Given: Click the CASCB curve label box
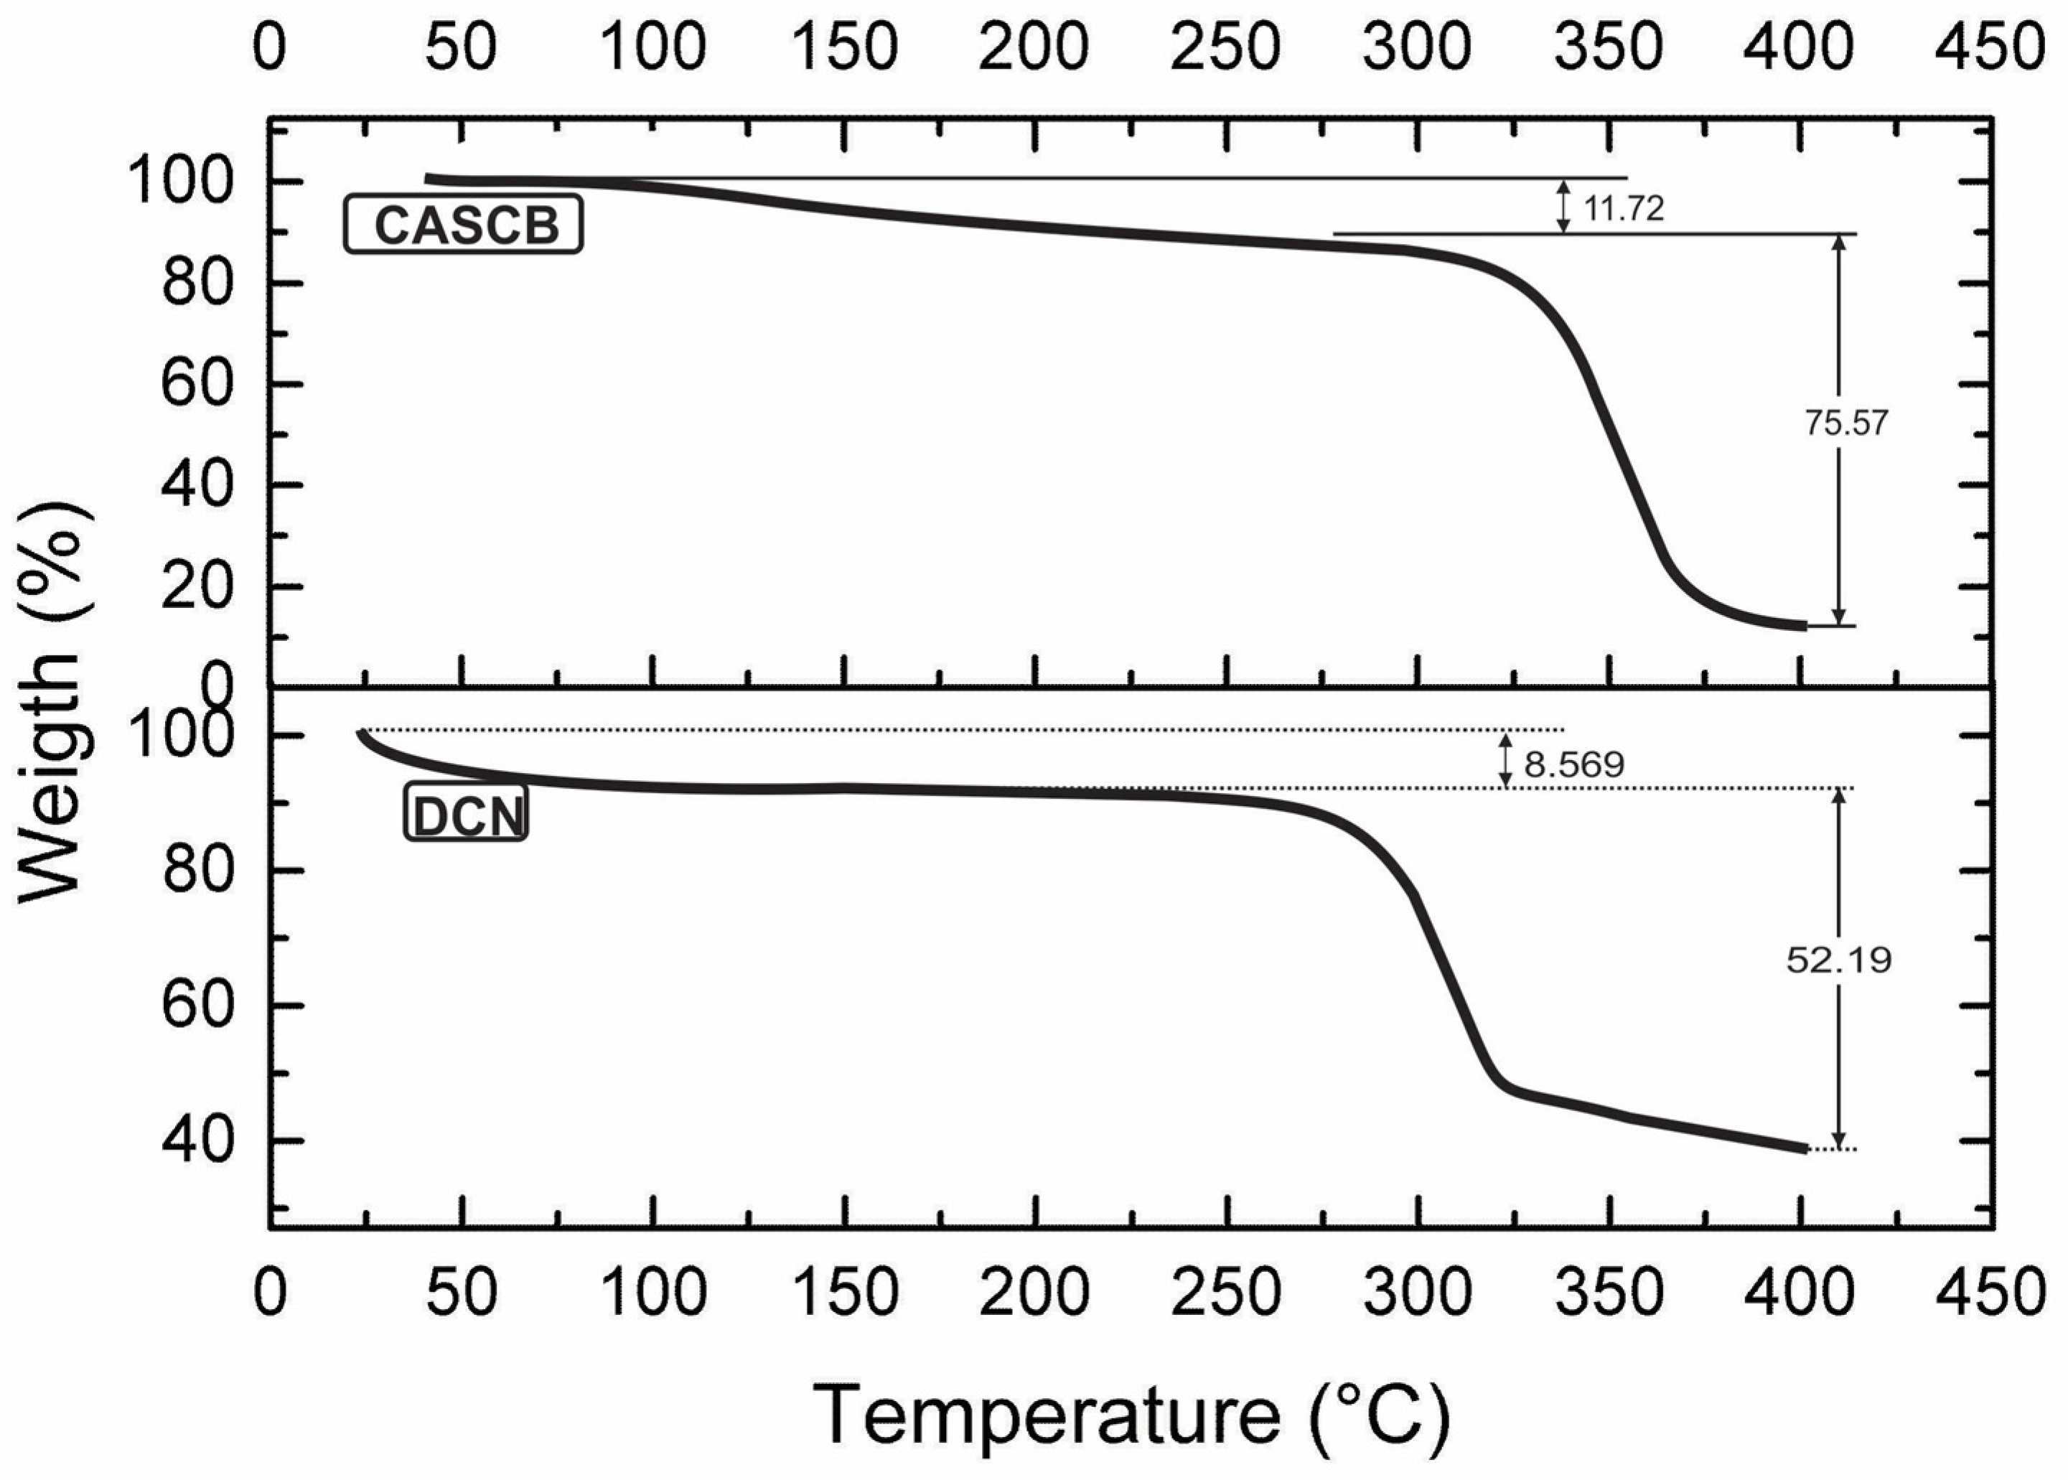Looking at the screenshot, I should pyautogui.click(x=463, y=224).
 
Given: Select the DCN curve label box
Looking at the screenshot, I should pyautogui.click(x=466, y=814).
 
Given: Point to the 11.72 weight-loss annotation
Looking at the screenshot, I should pyautogui.click(x=1623, y=209).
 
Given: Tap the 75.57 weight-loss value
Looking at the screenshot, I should pyautogui.click(x=1846, y=423).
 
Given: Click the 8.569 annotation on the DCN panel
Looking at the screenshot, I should pyautogui.click(x=1574, y=764).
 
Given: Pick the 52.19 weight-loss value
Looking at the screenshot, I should pyautogui.click(x=1839, y=960).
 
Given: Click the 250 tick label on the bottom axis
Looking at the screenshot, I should pyautogui.click(x=1226, y=1292).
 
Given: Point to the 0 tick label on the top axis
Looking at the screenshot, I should pyautogui.click(x=270, y=47).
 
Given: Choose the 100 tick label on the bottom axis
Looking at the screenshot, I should pyautogui.click(x=653, y=1292).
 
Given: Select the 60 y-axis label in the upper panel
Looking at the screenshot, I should pyautogui.click(x=195, y=385).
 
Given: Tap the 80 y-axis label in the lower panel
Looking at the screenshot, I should pyautogui.click(x=195, y=871).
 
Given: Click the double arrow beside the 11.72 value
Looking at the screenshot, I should pyautogui.click(x=1563, y=206).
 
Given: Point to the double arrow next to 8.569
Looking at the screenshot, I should pyautogui.click(x=1506, y=761).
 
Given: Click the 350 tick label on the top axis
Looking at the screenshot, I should pyautogui.click(x=1609, y=47).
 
